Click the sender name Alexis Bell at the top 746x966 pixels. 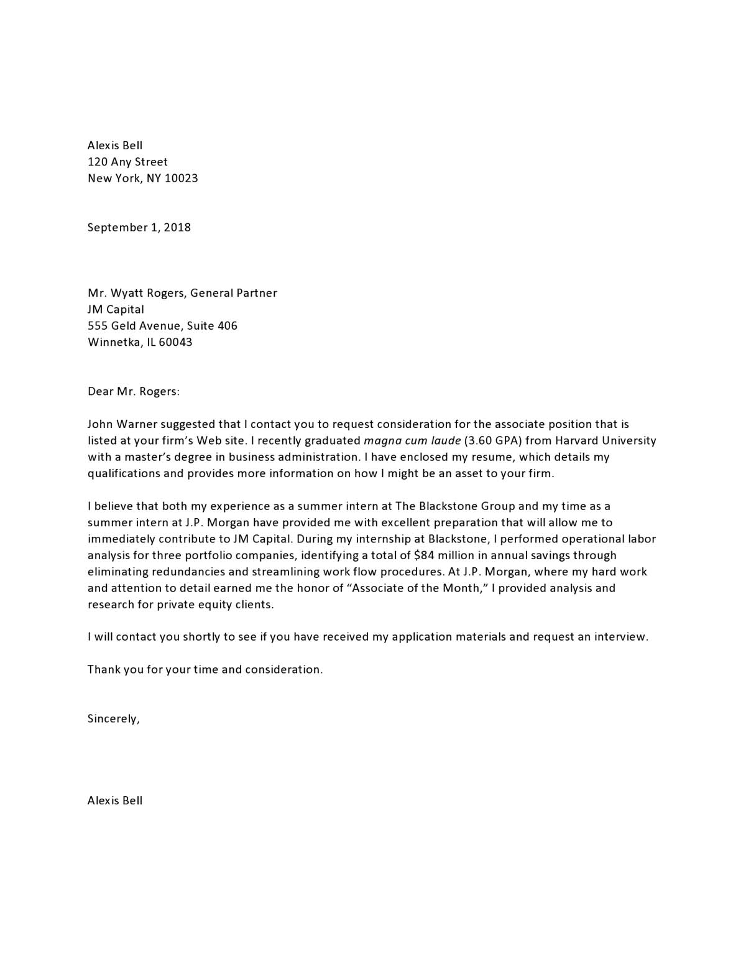pos(115,146)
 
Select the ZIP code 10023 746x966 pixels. pos(181,179)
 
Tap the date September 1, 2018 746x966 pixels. pos(139,228)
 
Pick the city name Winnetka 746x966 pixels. pos(114,342)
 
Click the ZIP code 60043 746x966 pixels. pos(175,342)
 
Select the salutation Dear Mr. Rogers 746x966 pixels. pos(133,391)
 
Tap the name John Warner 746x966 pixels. pos(122,424)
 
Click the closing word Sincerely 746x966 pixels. pos(113,719)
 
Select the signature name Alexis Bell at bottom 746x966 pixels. pos(115,801)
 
